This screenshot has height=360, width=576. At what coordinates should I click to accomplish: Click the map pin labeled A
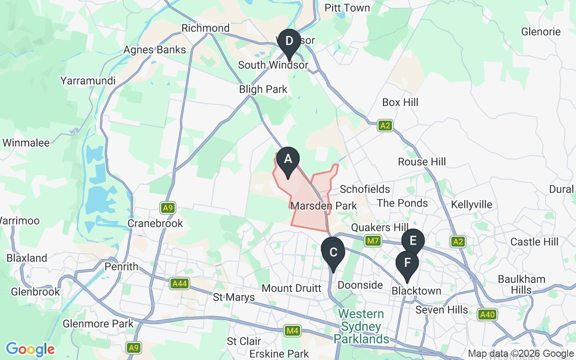point(288,160)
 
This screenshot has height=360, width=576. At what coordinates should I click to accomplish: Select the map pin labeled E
point(413,241)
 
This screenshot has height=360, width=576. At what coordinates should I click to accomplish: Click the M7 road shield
point(373,241)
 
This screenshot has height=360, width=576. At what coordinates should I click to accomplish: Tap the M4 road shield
point(292,331)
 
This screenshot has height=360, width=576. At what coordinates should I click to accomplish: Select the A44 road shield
point(180,283)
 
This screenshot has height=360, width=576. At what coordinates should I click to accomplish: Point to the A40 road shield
point(487,315)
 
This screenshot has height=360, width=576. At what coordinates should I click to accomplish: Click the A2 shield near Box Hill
point(385,126)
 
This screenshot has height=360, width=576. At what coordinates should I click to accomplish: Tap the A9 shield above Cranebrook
point(168,208)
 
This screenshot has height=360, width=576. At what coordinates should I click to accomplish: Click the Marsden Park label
point(324,206)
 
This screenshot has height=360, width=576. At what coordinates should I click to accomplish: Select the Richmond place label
point(205,28)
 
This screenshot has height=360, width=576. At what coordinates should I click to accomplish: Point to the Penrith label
point(121,267)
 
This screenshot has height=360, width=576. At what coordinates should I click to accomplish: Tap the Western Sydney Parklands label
point(361,326)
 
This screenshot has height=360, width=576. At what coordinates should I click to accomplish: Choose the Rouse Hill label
point(422,162)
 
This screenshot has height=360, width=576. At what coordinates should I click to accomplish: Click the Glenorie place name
point(540,32)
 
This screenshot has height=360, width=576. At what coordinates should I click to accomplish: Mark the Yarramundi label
point(88,81)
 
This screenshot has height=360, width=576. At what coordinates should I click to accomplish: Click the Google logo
point(30,349)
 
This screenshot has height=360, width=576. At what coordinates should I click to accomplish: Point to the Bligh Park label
point(263,90)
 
